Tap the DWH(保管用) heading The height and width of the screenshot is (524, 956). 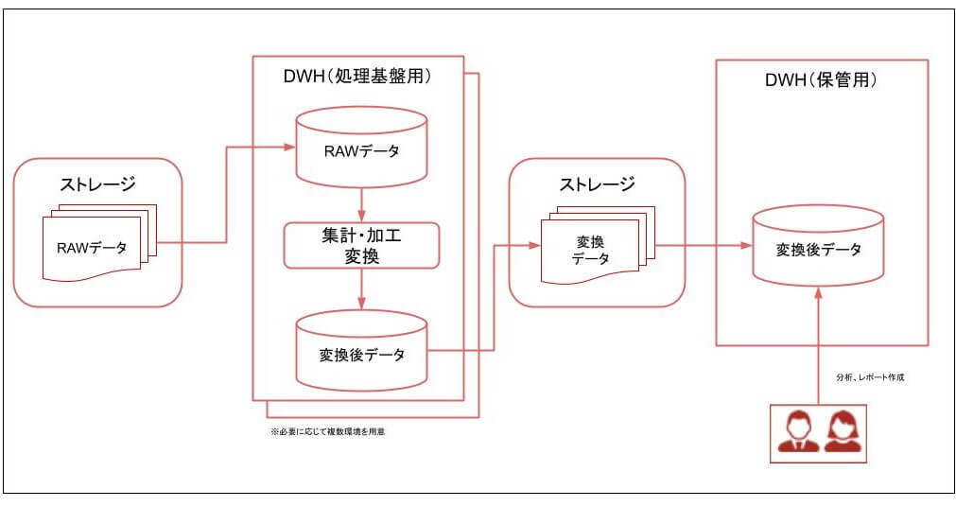pos(821,80)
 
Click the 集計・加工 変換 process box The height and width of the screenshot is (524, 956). pos(362,244)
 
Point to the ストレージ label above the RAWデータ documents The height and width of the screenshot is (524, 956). pos(97,183)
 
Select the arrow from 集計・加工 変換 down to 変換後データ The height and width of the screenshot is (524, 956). pos(361,288)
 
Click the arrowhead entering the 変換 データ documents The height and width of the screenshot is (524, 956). pos(535,245)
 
